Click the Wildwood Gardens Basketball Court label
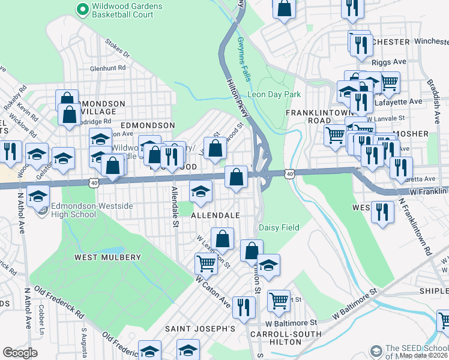click(127, 10)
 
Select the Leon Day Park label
click(274, 94)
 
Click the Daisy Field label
click(278, 227)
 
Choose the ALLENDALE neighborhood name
click(215, 215)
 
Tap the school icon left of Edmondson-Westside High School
click(38, 197)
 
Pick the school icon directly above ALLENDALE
click(200, 191)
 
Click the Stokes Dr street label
click(117, 49)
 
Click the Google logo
click(20, 353)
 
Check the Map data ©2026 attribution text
click(424, 355)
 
